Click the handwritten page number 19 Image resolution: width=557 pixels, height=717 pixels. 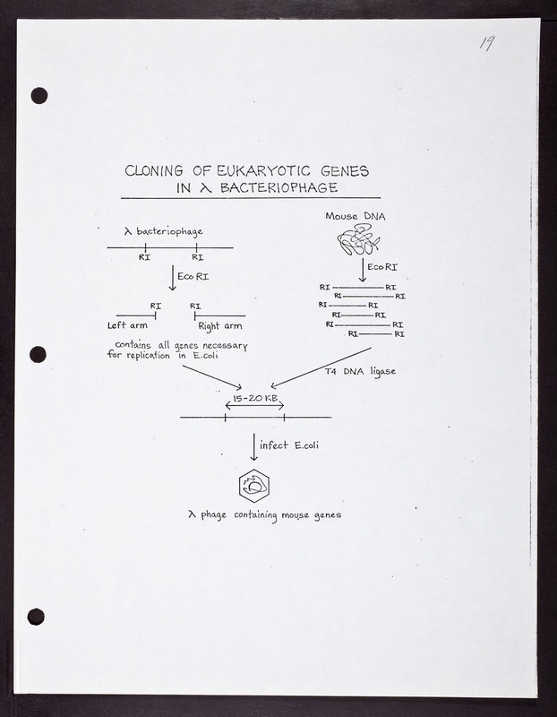pyautogui.click(x=487, y=44)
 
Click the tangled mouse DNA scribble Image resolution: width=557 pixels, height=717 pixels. pyautogui.click(x=356, y=240)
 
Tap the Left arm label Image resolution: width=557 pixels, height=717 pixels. pyautogui.click(x=127, y=325)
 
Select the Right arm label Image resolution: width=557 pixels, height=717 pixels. pyautogui.click(x=220, y=325)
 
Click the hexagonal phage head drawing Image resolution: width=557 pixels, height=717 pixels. pyautogui.click(x=254, y=487)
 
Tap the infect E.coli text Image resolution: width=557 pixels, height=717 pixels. pyautogui.click(x=288, y=445)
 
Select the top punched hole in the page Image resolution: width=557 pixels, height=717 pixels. pyautogui.click(x=39, y=95)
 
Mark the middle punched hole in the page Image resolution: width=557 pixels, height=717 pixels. pyautogui.click(x=38, y=354)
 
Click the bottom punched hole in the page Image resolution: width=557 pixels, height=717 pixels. pyautogui.click(x=36, y=616)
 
